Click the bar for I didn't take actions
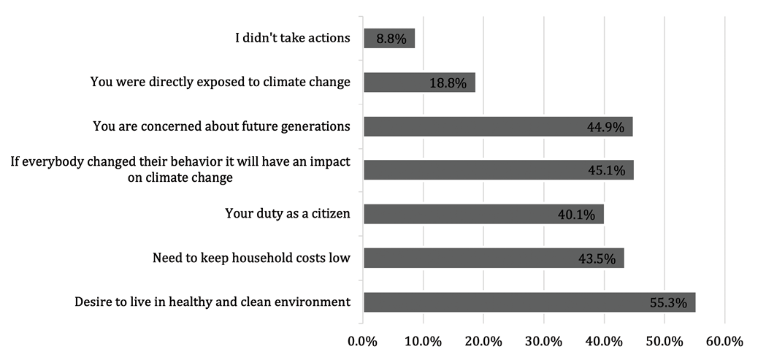[389, 39]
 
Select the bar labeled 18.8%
[419, 83]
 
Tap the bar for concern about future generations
[498, 126]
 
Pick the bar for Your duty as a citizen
[483, 214]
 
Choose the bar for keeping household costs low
[494, 258]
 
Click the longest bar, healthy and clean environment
[529, 302]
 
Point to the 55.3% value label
[667, 303]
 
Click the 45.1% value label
[605, 171]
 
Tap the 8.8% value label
[393, 39]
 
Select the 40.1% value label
[576, 215]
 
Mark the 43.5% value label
[597, 258]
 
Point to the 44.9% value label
[605, 127]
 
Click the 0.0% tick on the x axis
[363, 341]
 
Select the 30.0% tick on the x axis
[544, 341]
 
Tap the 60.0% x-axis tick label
[724, 341]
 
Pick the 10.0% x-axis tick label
[423, 341]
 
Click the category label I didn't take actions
[292, 38]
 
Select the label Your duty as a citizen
[288, 214]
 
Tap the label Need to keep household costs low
[251, 258]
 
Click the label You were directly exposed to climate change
[221, 82]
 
